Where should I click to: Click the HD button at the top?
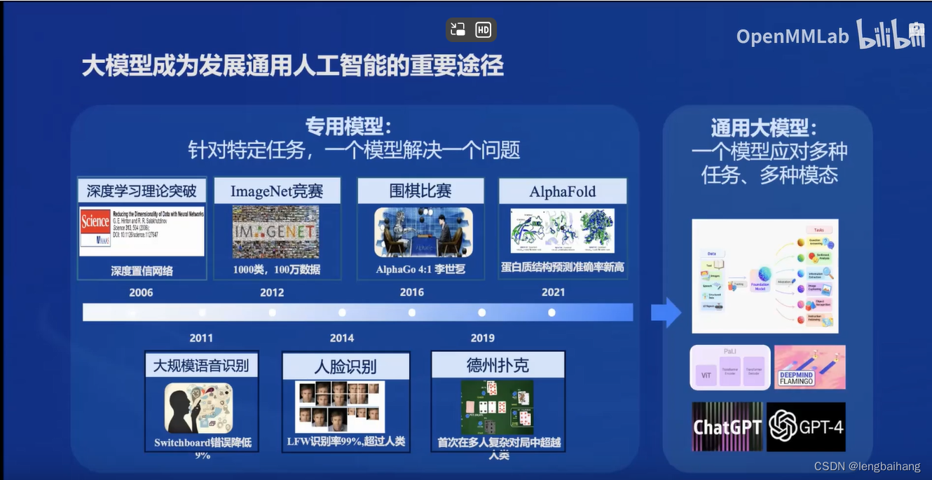(484, 29)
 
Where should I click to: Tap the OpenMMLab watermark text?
(792, 36)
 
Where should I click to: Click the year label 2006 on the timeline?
(141, 293)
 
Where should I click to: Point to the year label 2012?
(272, 293)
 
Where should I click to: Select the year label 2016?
(412, 293)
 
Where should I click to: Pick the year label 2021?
(553, 293)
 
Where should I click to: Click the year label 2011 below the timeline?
(201, 338)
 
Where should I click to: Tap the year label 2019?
(482, 338)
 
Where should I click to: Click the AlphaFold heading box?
(562, 191)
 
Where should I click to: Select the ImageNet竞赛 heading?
(276, 191)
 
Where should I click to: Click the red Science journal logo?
(95, 222)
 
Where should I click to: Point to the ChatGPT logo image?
(727, 427)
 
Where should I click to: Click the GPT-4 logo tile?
(806, 427)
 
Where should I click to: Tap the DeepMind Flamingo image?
(809, 367)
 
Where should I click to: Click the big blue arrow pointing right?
(665, 313)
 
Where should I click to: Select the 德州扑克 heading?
(498, 365)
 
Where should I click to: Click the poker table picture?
(497, 407)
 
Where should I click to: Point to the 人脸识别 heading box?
(345, 366)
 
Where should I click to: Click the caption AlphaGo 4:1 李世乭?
(420, 269)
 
